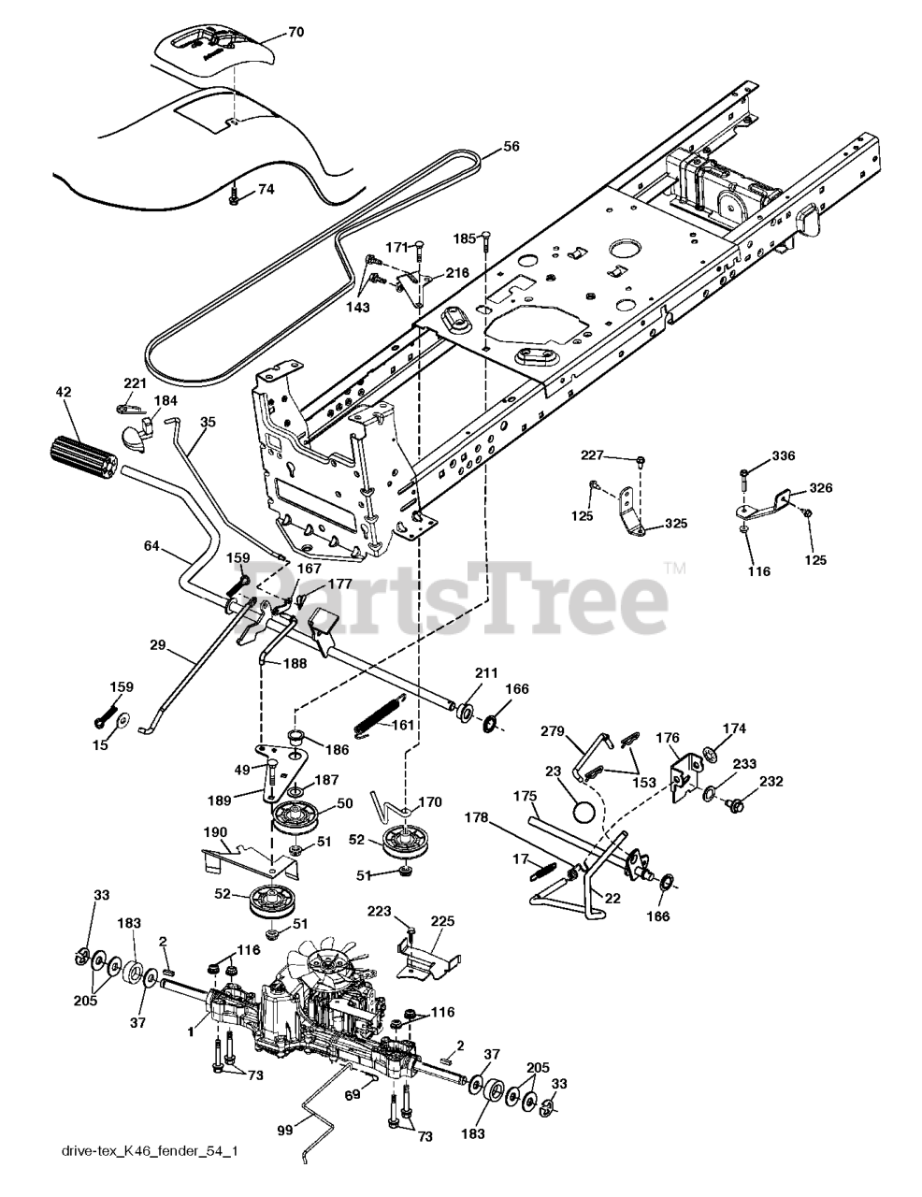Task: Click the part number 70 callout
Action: [x=269, y=32]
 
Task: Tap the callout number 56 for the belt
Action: [x=511, y=146]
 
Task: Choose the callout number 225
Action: [x=442, y=921]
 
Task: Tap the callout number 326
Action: [x=821, y=487]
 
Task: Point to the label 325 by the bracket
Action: [x=675, y=524]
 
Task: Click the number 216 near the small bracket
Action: [x=457, y=272]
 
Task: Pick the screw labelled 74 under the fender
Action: [x=233, y=196]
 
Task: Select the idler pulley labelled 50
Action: [x=295, y=816]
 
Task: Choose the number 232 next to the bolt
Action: [x=771, y=782]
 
